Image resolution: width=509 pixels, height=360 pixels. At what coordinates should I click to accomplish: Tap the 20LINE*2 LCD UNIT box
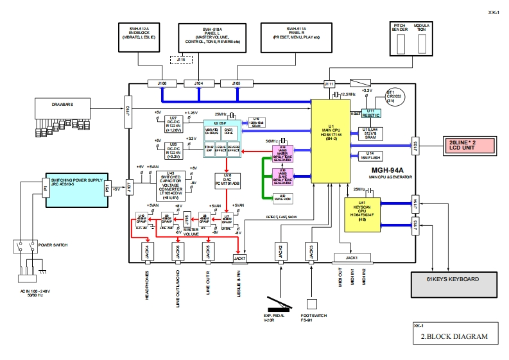(467, 145)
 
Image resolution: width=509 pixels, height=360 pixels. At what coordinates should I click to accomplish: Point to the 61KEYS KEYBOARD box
(453, 280)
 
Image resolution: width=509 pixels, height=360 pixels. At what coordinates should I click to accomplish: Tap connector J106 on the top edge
(161, 83)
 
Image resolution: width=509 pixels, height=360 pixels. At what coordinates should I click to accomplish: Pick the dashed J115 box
(180, 60)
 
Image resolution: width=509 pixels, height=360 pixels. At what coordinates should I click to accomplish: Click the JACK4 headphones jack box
(147, 253)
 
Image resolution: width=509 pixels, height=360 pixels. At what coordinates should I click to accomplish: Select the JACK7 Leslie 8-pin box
(239, 258)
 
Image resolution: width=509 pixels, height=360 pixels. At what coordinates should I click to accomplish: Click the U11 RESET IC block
(371, 114)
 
